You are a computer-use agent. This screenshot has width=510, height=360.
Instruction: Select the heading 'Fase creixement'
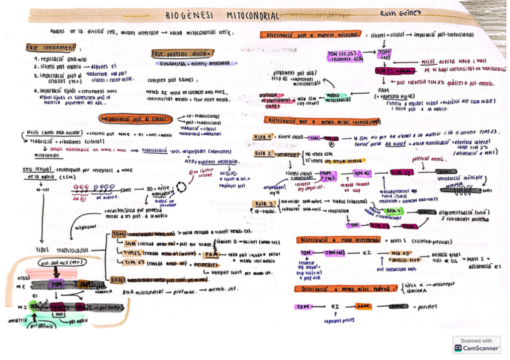[x=51, y=47]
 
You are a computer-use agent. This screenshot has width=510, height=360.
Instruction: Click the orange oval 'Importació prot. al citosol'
[x=134, y=118]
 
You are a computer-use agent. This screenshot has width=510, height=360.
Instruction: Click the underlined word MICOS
[x=429, y=61]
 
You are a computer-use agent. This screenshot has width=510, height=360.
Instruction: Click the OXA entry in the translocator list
[x=118, y=279]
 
